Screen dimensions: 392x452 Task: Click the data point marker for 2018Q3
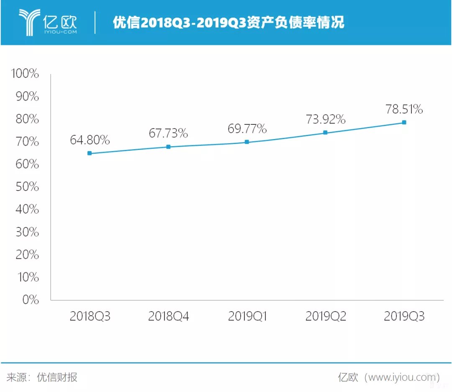pos(90,153)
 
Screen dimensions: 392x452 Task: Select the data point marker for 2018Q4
pos(168,147)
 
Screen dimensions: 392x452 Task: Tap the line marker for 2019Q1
pos(247,142)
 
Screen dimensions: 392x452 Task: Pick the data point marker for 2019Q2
pos(325,133)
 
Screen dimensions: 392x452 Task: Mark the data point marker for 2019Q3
pos(404,122)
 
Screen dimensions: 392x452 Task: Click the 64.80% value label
pos(90,140)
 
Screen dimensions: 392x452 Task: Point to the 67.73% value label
pos(168,134)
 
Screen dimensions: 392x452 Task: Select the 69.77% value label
pos(247,129)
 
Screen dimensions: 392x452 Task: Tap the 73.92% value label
pos(325,119)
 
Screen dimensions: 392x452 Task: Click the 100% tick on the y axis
pos(25,75)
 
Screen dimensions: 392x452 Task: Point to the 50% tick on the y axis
pos(27,187)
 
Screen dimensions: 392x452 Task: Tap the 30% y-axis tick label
pos(27,232)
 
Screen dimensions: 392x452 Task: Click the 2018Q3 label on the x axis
pos(90,316)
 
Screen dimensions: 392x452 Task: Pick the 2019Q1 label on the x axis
pos(247,316)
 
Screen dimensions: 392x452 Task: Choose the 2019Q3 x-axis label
pos(404,316)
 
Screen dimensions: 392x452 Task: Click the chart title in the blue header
pos(229,23)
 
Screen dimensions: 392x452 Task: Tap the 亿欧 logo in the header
pos(48,22)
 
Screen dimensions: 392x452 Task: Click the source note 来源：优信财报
pos(42,377)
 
